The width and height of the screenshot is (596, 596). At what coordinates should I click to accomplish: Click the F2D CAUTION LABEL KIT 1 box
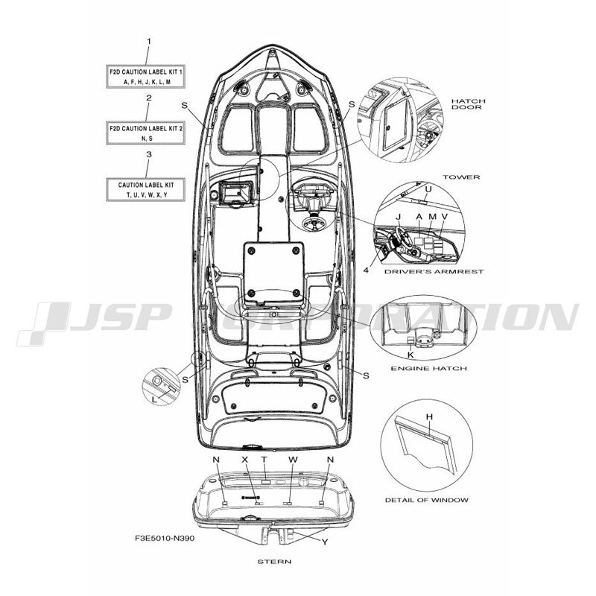pos(145,77)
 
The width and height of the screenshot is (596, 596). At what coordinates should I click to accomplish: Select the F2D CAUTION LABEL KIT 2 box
pos(145,133)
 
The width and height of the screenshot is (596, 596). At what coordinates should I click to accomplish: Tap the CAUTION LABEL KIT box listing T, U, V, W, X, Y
pos(145,189)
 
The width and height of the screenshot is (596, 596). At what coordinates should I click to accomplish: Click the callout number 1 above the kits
pos(149,41)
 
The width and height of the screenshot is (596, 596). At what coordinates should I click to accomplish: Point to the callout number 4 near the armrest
pos(366,270)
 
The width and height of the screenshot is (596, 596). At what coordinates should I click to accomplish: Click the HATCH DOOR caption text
pos(469,104)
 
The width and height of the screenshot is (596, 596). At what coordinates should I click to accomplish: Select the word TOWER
pos(461,177)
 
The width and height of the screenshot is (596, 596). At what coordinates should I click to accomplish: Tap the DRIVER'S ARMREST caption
pos(434,272)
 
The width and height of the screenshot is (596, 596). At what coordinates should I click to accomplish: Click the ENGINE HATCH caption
pos(429,368)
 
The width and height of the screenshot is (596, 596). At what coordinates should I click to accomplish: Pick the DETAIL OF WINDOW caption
pos(427,500)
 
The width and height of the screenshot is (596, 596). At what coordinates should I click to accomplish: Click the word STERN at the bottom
pos(274,562)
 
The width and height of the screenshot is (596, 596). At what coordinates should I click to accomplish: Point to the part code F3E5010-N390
pos(165,538)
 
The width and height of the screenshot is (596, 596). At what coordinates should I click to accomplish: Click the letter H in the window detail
pos(430,417)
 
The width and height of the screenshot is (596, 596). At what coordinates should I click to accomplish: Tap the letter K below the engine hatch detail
pos(410,355)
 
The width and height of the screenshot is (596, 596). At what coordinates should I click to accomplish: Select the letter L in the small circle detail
pos(154,399)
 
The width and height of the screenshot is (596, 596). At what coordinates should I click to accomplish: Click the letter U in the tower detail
pos(428,189)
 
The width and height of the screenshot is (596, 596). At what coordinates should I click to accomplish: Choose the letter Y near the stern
pos(325,542)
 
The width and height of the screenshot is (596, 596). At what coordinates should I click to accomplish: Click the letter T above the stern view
pos(264,460)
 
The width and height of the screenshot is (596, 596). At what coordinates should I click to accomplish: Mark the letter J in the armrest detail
pos(399,217)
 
